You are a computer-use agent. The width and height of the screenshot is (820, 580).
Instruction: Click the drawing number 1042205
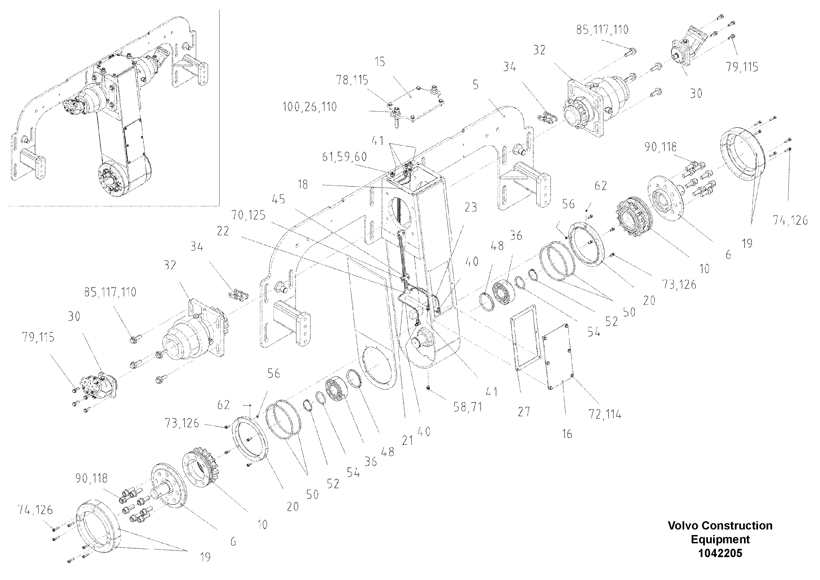point(720,553)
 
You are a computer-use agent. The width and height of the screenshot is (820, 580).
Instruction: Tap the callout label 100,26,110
point(310,107)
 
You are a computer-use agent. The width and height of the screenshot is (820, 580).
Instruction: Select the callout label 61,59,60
point(344,157)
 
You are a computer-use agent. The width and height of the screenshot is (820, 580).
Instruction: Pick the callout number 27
point(524,412)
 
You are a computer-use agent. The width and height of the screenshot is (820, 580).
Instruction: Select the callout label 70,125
point(248,215)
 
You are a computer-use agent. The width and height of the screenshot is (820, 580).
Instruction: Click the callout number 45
point(278,199)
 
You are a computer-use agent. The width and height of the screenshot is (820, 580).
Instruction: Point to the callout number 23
point(470,207)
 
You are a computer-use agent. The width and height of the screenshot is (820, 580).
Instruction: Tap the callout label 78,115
point(352,80)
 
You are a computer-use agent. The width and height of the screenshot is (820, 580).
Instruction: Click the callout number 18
point(303,185)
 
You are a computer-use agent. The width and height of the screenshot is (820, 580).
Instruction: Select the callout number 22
point(223,231)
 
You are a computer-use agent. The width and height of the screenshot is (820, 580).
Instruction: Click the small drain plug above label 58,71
point(428,388)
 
